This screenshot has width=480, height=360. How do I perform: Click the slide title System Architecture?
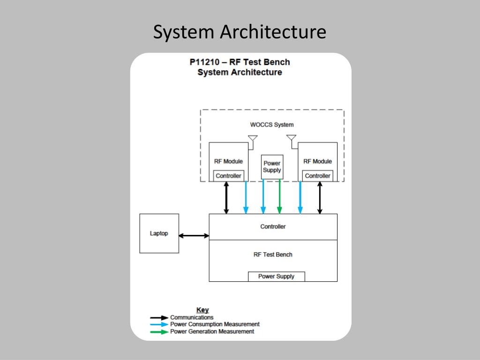click(x=240, y=32)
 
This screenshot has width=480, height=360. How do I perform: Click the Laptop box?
click(x=159, y=233)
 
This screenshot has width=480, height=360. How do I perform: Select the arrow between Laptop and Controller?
click(x=194, y=236)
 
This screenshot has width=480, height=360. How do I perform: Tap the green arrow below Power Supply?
click(x=279, y=197)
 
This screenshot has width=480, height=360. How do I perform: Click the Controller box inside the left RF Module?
click(x=228, y=176)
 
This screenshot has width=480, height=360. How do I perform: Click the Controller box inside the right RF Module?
click(x=317, y=176)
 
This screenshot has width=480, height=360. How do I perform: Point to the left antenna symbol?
click(x=253, y=139)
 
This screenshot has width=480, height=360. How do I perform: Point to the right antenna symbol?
click(x=291, y=139)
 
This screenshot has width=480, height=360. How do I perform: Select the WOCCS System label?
click(x=272, y=125)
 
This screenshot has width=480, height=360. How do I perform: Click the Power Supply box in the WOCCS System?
click(x=272, y=167)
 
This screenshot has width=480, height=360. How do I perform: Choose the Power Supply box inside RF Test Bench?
click(x=276, y=277)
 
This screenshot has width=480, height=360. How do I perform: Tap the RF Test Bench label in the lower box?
click(x=273, y=255)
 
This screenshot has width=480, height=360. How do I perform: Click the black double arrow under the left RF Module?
click(x=226, y=198)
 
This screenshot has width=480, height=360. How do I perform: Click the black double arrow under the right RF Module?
click(x=320, y=198)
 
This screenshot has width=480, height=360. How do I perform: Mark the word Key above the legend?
click(x=202, y=310)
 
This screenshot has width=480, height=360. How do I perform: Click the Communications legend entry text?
click(x=192, y=317)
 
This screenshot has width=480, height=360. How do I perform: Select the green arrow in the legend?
click(x=159, y=332)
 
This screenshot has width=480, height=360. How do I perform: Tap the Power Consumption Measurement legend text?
click(x=215, y=324)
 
